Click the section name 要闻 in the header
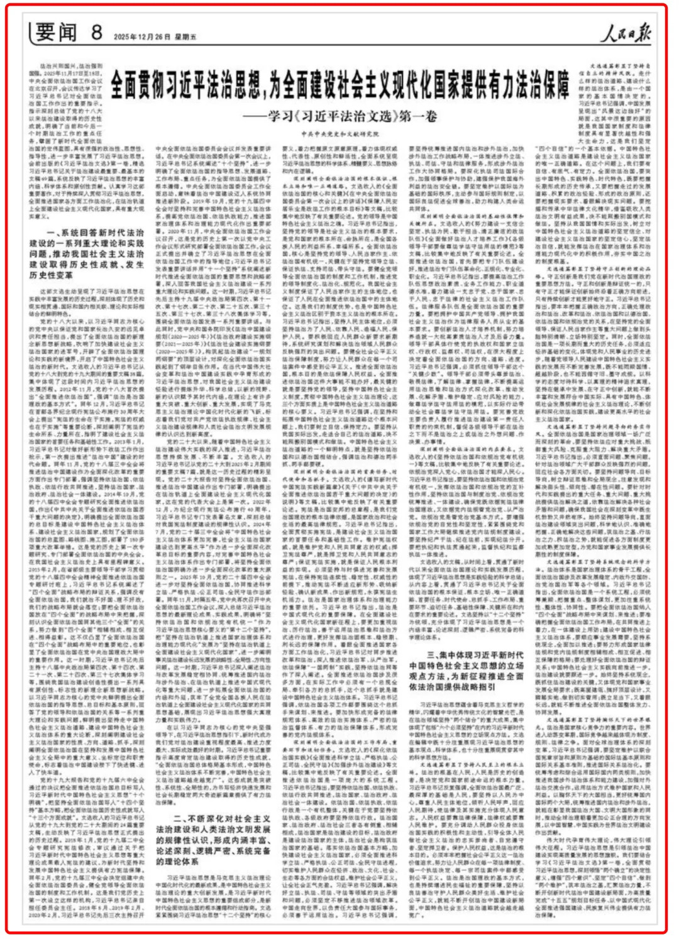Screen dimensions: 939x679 tap(56, 32)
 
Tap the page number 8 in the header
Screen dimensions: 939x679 tap(97, 31)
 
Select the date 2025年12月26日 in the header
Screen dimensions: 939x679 tap(143, 37)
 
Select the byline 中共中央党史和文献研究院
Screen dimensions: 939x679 tap(340, 134)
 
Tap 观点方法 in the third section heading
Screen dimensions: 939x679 tap(428, 676)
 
